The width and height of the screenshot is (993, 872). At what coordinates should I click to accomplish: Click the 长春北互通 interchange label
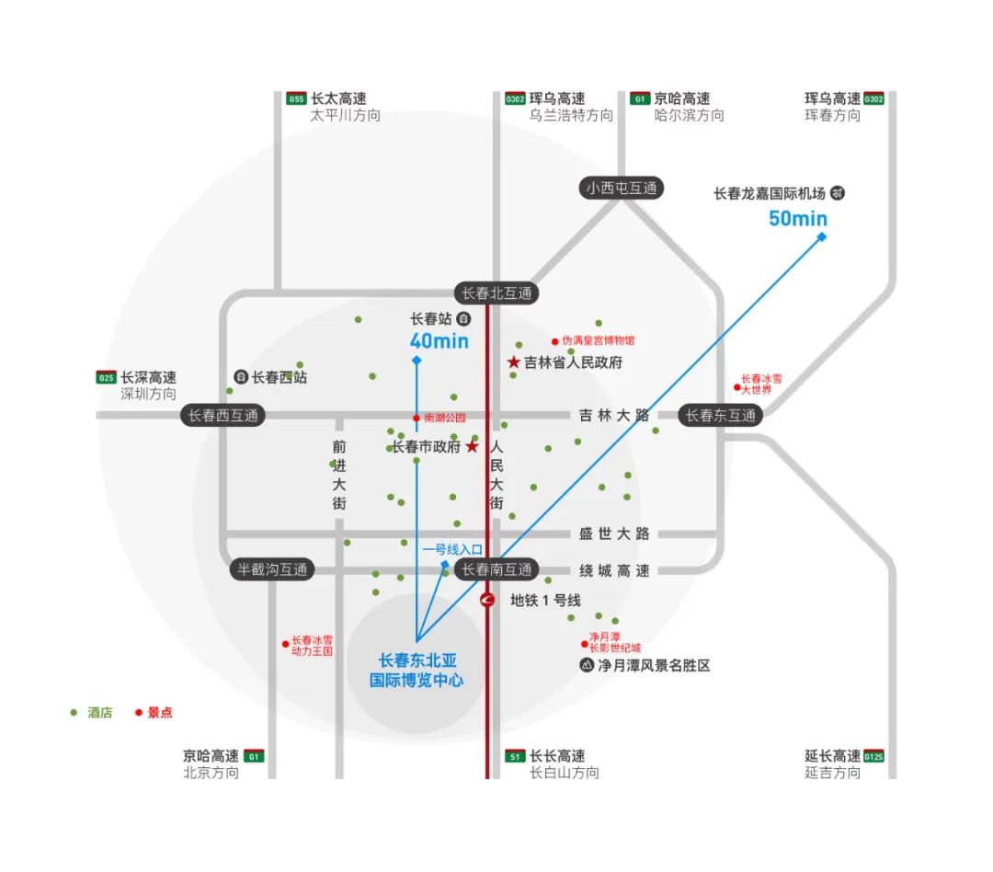(x=496, y=293)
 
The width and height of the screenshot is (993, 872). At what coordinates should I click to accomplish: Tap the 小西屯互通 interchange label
(x=622, y=189)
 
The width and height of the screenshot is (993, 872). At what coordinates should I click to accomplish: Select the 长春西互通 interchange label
(x=223, y=415)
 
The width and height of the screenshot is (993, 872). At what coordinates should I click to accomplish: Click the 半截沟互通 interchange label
(x=271, y=569)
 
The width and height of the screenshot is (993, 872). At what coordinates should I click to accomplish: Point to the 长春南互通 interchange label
(x=496, y=569)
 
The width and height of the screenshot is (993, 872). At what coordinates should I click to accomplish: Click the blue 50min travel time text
(x=798, y=219)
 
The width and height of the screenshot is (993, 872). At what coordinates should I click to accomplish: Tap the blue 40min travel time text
(x=439, y=342)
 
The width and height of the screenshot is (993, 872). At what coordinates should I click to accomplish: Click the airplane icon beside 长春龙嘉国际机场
(x=837, y=193)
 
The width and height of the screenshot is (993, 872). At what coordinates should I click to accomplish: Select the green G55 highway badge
(x=296, y=99)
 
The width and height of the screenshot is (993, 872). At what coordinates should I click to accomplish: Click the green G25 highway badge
(x=107, y=377)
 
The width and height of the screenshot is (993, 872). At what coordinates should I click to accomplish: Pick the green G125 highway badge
(x=873, y=756)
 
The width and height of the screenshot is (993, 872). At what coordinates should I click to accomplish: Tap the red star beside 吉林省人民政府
(x=513, y=362)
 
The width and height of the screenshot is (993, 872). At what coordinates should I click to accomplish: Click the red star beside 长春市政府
(x=472, y=447)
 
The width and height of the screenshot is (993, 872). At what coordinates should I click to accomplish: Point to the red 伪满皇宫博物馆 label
(x=598, y=340)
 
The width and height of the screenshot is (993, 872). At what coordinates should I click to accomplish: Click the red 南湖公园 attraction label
(x=444, y=419)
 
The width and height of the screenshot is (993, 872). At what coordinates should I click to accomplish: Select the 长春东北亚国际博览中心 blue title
(x=417, y=671)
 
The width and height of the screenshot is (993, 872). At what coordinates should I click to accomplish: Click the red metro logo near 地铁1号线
(x=488, y=600)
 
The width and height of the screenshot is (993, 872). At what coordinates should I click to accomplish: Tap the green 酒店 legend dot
(x=74, y=712)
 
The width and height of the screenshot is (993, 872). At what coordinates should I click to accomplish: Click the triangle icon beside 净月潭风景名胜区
(x=586, y=665)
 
